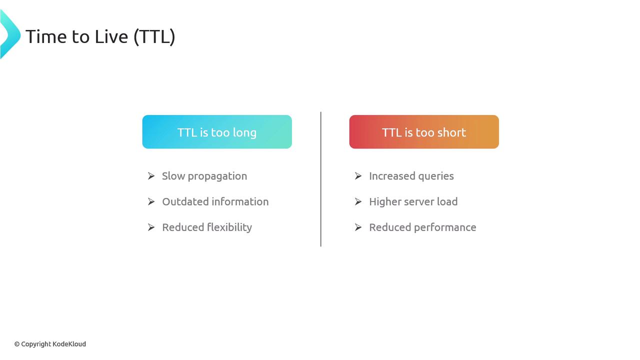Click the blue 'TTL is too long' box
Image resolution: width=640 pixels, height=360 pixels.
click(217, 131)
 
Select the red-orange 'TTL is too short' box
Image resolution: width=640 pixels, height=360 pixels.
click(424, 131)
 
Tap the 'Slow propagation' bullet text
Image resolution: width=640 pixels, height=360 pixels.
click(204, 176)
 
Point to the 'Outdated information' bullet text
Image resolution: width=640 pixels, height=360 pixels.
click(215, 201)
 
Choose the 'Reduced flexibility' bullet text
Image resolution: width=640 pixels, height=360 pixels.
click(207, 227)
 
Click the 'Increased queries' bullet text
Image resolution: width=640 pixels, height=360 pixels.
click(411, 176)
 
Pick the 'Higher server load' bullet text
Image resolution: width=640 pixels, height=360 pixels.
click(413, 201)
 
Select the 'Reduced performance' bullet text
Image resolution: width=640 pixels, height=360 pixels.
click(423, 227)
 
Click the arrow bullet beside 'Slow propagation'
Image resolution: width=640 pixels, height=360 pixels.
click(151, 176)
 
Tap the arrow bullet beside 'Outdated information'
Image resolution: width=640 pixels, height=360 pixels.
click(151, 201)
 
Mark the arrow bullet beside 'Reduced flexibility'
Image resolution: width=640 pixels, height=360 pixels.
click(151, 227)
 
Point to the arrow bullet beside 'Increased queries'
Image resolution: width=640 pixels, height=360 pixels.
click(358, 176)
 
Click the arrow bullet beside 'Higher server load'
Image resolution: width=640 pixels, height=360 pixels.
click(358, 201)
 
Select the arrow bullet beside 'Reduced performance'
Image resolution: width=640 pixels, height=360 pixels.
click(358, 227)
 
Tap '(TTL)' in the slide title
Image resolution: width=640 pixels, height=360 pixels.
click(154, 37)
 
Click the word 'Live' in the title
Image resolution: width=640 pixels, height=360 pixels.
click(111, 36)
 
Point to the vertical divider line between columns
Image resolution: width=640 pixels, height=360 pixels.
click(321, 179)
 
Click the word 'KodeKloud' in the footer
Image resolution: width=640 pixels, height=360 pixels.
click(69, 344)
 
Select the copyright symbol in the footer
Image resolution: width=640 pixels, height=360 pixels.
click(17, 344)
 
